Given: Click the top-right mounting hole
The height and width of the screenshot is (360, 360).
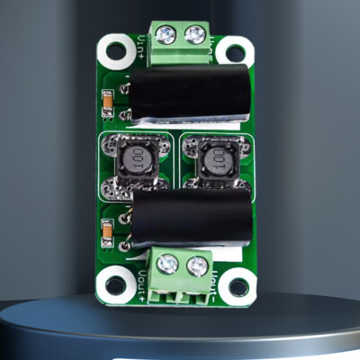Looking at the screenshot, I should tap(236, 51).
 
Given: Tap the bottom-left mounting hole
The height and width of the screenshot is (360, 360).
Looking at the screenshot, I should tap(115, 285).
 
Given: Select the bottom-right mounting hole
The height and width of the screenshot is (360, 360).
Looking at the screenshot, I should tap(238, 286).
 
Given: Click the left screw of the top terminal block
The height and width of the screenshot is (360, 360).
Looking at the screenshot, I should tap(166, 35).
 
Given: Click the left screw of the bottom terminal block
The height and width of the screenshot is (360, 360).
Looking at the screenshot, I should tap(166, 265).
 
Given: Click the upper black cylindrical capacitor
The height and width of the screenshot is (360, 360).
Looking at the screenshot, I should tap(190, 94).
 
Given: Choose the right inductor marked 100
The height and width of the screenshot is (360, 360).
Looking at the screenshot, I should tap(216, 159).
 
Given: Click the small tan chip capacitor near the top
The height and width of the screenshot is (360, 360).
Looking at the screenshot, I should tap(108, 107).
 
